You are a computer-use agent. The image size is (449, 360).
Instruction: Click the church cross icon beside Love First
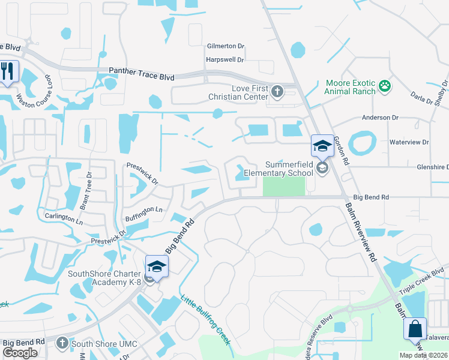coord(277,92)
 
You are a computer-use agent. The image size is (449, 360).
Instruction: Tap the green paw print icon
coord(385,88)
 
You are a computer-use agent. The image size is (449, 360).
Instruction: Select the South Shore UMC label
coord(104,344)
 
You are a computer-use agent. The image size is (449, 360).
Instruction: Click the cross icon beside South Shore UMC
coord(61,343)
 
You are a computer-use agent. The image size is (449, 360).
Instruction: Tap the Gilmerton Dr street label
coord(226,46)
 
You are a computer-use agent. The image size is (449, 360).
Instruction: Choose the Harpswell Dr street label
coord(224,60)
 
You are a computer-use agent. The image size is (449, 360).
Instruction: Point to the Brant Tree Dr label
coord(88,183)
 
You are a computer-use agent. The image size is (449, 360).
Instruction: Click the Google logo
coord(20,353)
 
